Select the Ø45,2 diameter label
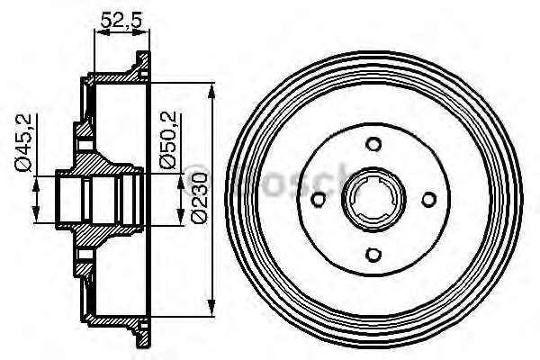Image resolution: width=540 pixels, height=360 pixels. coord(23,142)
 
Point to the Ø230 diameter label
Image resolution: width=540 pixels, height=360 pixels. coord(199,198)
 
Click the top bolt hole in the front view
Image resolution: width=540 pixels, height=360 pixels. coord(373,143)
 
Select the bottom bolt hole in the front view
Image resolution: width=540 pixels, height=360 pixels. coord(373,255)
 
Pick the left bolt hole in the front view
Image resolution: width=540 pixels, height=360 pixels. coord(319,199)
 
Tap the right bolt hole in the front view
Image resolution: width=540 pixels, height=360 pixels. coord(429,199)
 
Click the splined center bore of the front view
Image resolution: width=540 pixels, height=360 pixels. coord(373,199)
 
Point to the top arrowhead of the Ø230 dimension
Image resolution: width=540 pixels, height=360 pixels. coord(211,90)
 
